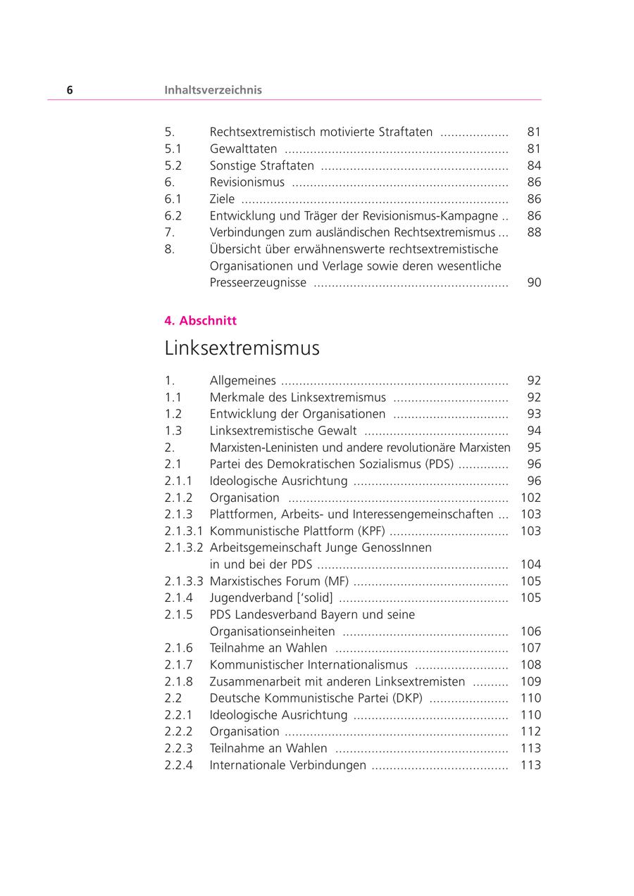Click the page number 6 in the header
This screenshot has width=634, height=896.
point(70,90)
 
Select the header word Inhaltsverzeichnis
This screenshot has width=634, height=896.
point(213,90)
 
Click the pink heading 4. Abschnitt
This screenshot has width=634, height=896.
point(201,321)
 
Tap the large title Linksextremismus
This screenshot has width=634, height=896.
point(242,348)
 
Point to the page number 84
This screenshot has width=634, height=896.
point(534,165)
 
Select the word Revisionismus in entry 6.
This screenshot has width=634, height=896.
point(247,182)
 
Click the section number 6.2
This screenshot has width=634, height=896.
point(173,216)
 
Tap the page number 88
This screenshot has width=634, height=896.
point(534,232)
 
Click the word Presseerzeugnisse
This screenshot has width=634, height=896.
point(258,283)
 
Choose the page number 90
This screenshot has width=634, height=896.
point(534,283)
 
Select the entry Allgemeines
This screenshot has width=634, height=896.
point(242,381)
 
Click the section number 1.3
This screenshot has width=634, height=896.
point(173,431)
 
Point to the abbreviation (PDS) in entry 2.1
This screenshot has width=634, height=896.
point(440,465)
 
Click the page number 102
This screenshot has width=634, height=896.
point(530,498)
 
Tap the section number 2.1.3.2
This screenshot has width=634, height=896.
point(184,548)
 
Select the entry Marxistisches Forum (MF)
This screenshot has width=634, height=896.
point(278,581)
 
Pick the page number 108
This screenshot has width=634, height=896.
point(530,665)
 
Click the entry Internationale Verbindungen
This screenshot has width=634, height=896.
point(287,766)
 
